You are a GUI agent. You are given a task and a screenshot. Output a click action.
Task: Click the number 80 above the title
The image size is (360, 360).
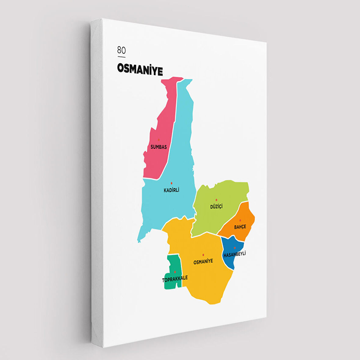[x=121, y=50]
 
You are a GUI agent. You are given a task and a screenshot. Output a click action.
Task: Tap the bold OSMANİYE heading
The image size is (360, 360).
[x=140, y=70]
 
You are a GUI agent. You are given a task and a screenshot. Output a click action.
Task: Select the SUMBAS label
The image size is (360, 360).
[x=159, y=147]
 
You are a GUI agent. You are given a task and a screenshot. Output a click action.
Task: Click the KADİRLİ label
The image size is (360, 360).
[x=171, y=190]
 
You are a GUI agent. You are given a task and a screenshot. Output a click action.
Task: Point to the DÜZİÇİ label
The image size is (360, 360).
[x=216, y=207]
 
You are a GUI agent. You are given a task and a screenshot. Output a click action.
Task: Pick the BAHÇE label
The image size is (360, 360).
[x=240, y=227]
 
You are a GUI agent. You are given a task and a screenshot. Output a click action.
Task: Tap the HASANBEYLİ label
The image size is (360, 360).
[x=235, y=254]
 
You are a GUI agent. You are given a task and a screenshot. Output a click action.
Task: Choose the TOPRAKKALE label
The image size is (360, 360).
[x=175, y=279]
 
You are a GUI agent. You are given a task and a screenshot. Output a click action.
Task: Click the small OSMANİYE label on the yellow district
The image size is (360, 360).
[x=203, y=261]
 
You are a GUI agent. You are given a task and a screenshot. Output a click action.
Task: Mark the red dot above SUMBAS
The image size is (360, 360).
[x=159, y=140]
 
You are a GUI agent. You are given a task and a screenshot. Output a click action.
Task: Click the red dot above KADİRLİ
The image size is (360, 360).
[x=171, y=183]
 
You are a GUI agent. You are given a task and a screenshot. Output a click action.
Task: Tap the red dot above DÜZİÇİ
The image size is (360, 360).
[x=217, y=200]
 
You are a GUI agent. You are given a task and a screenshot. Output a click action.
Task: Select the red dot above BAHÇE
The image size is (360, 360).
[x=240, y=220]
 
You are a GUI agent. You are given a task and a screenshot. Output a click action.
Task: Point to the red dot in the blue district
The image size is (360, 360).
[x=235, y=248]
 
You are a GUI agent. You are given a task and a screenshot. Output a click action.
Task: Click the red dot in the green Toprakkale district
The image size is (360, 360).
[x=175, y=272]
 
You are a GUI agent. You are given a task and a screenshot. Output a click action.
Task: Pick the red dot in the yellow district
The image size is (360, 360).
[x=203, y=255]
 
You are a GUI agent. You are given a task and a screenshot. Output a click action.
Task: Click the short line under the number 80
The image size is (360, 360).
[x=121, y=57]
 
